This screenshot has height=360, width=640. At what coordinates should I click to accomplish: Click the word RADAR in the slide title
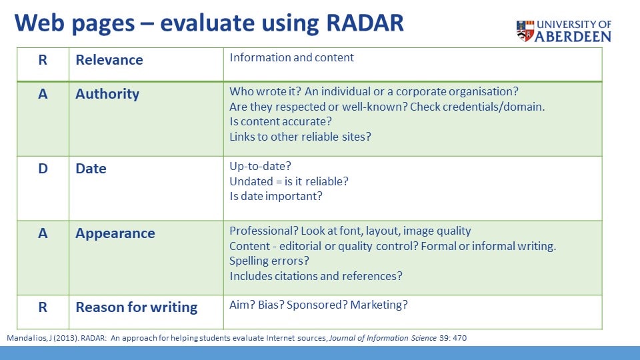(x=365, y=23)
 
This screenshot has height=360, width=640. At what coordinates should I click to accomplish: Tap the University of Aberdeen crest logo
(x=525, y=31)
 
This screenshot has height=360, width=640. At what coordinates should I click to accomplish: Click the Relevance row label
(x=109, y=60)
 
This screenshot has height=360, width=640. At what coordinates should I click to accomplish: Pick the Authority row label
(x=107, y=94)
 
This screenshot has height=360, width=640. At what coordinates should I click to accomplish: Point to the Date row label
(x=91, y=169)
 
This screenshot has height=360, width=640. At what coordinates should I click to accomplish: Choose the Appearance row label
(x=115, y=233)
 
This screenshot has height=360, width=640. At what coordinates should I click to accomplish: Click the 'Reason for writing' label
(x=136, y=307)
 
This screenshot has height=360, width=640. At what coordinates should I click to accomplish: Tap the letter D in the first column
(x=43, y=169)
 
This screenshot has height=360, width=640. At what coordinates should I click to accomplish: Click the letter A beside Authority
(x=43, y=94)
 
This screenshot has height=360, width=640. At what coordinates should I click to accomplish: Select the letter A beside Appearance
(x=43, y=233)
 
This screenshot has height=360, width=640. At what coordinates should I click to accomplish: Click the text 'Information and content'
(x=291, y=57)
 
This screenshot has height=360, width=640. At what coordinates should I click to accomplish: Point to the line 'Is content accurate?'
(x=281, y=121)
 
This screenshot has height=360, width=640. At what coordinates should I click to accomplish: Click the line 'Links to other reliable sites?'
(x=300, y=137)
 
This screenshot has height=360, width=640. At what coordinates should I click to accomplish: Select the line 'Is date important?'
(x=276, y=196)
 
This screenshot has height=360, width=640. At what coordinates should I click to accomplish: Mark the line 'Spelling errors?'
(x=269, y=261)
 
